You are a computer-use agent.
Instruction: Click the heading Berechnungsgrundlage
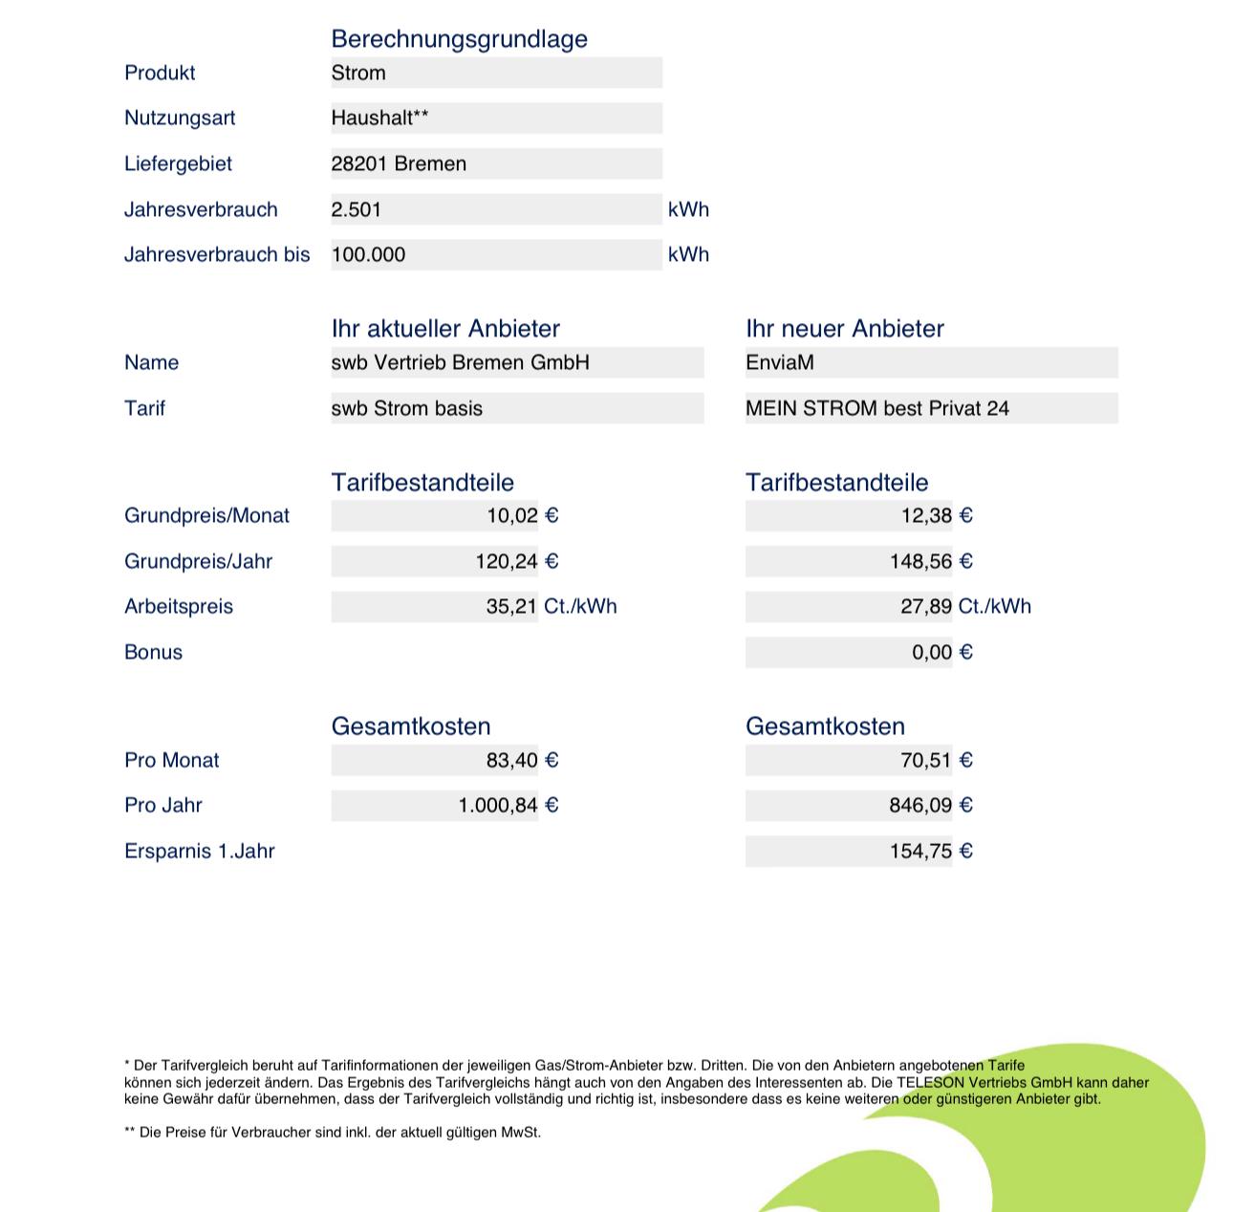[x=459, y=39]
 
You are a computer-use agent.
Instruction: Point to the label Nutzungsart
[x=180, y=118]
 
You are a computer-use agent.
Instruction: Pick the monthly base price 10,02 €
[x=522, y=516]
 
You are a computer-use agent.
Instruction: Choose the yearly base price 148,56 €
[x=930, y=561]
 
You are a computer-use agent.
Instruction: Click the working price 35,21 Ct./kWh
[x=551, y=606]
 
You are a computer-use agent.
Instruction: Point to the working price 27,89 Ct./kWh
[x=964, y=606]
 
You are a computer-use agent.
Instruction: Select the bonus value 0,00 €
[x=941, y=652]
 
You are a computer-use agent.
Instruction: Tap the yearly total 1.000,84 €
[x=508, y=805]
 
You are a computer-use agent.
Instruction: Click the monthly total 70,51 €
[x=936, y=760]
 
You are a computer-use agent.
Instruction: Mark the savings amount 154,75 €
[x=930, y=851]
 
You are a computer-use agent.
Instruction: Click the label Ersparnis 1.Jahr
[x=199, y=851]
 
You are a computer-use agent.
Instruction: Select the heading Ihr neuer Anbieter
[x=844, y=329]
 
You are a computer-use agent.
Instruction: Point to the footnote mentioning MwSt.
[x=333, y=1133]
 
